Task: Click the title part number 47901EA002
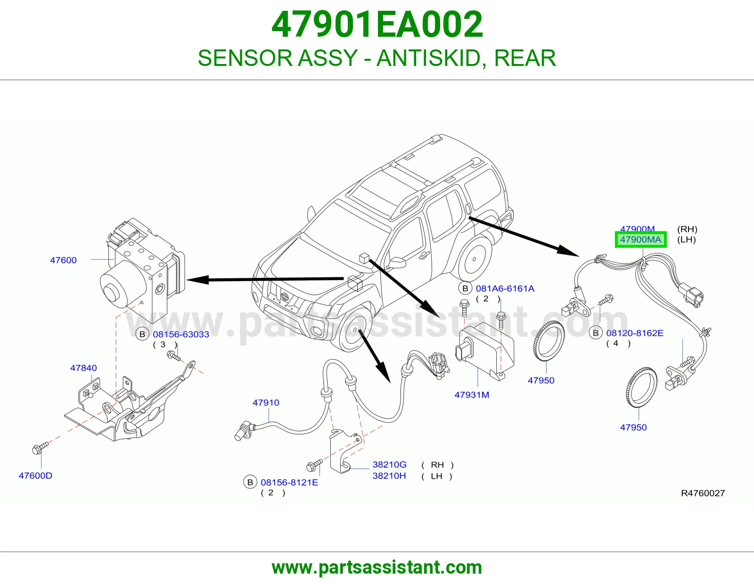tap(377, 24)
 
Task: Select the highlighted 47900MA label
tap(640, 240)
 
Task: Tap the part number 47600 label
tap(63, 260)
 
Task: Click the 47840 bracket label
tap(83, 368)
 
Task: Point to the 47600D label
tap(35, 476)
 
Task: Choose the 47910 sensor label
tap(266, 403)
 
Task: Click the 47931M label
tap(472, 395)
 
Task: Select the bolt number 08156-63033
tap(181, 334)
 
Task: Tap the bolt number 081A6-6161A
tap(505, 289)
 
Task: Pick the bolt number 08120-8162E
tap(635, 333)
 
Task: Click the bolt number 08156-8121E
tap(289, 482)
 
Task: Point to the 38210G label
tap(389, 465)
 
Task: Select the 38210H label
tap(389, 476)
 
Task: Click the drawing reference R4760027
tap(703, 493)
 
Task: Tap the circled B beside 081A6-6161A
tap(465, 288)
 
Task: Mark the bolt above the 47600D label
tap(40, 448)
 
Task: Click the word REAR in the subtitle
tap(525, 58)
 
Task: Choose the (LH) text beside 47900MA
tap(686, 240)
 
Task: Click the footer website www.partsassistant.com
tap(377, 568)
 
